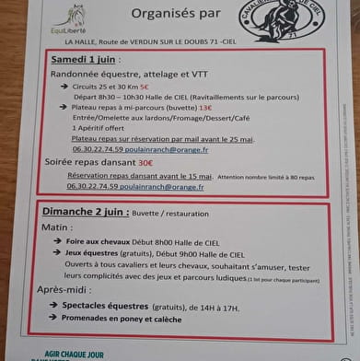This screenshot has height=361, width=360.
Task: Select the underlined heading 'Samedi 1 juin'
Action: pyautogui.click(x=86, y=59)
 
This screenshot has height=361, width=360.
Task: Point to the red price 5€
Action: pyautogui.click(x=145, y=86)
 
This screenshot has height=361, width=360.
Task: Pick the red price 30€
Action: pyautogui.click(x=145, y=162)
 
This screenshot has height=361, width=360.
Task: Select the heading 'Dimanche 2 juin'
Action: pyautogui.click(x=83, y=211)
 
